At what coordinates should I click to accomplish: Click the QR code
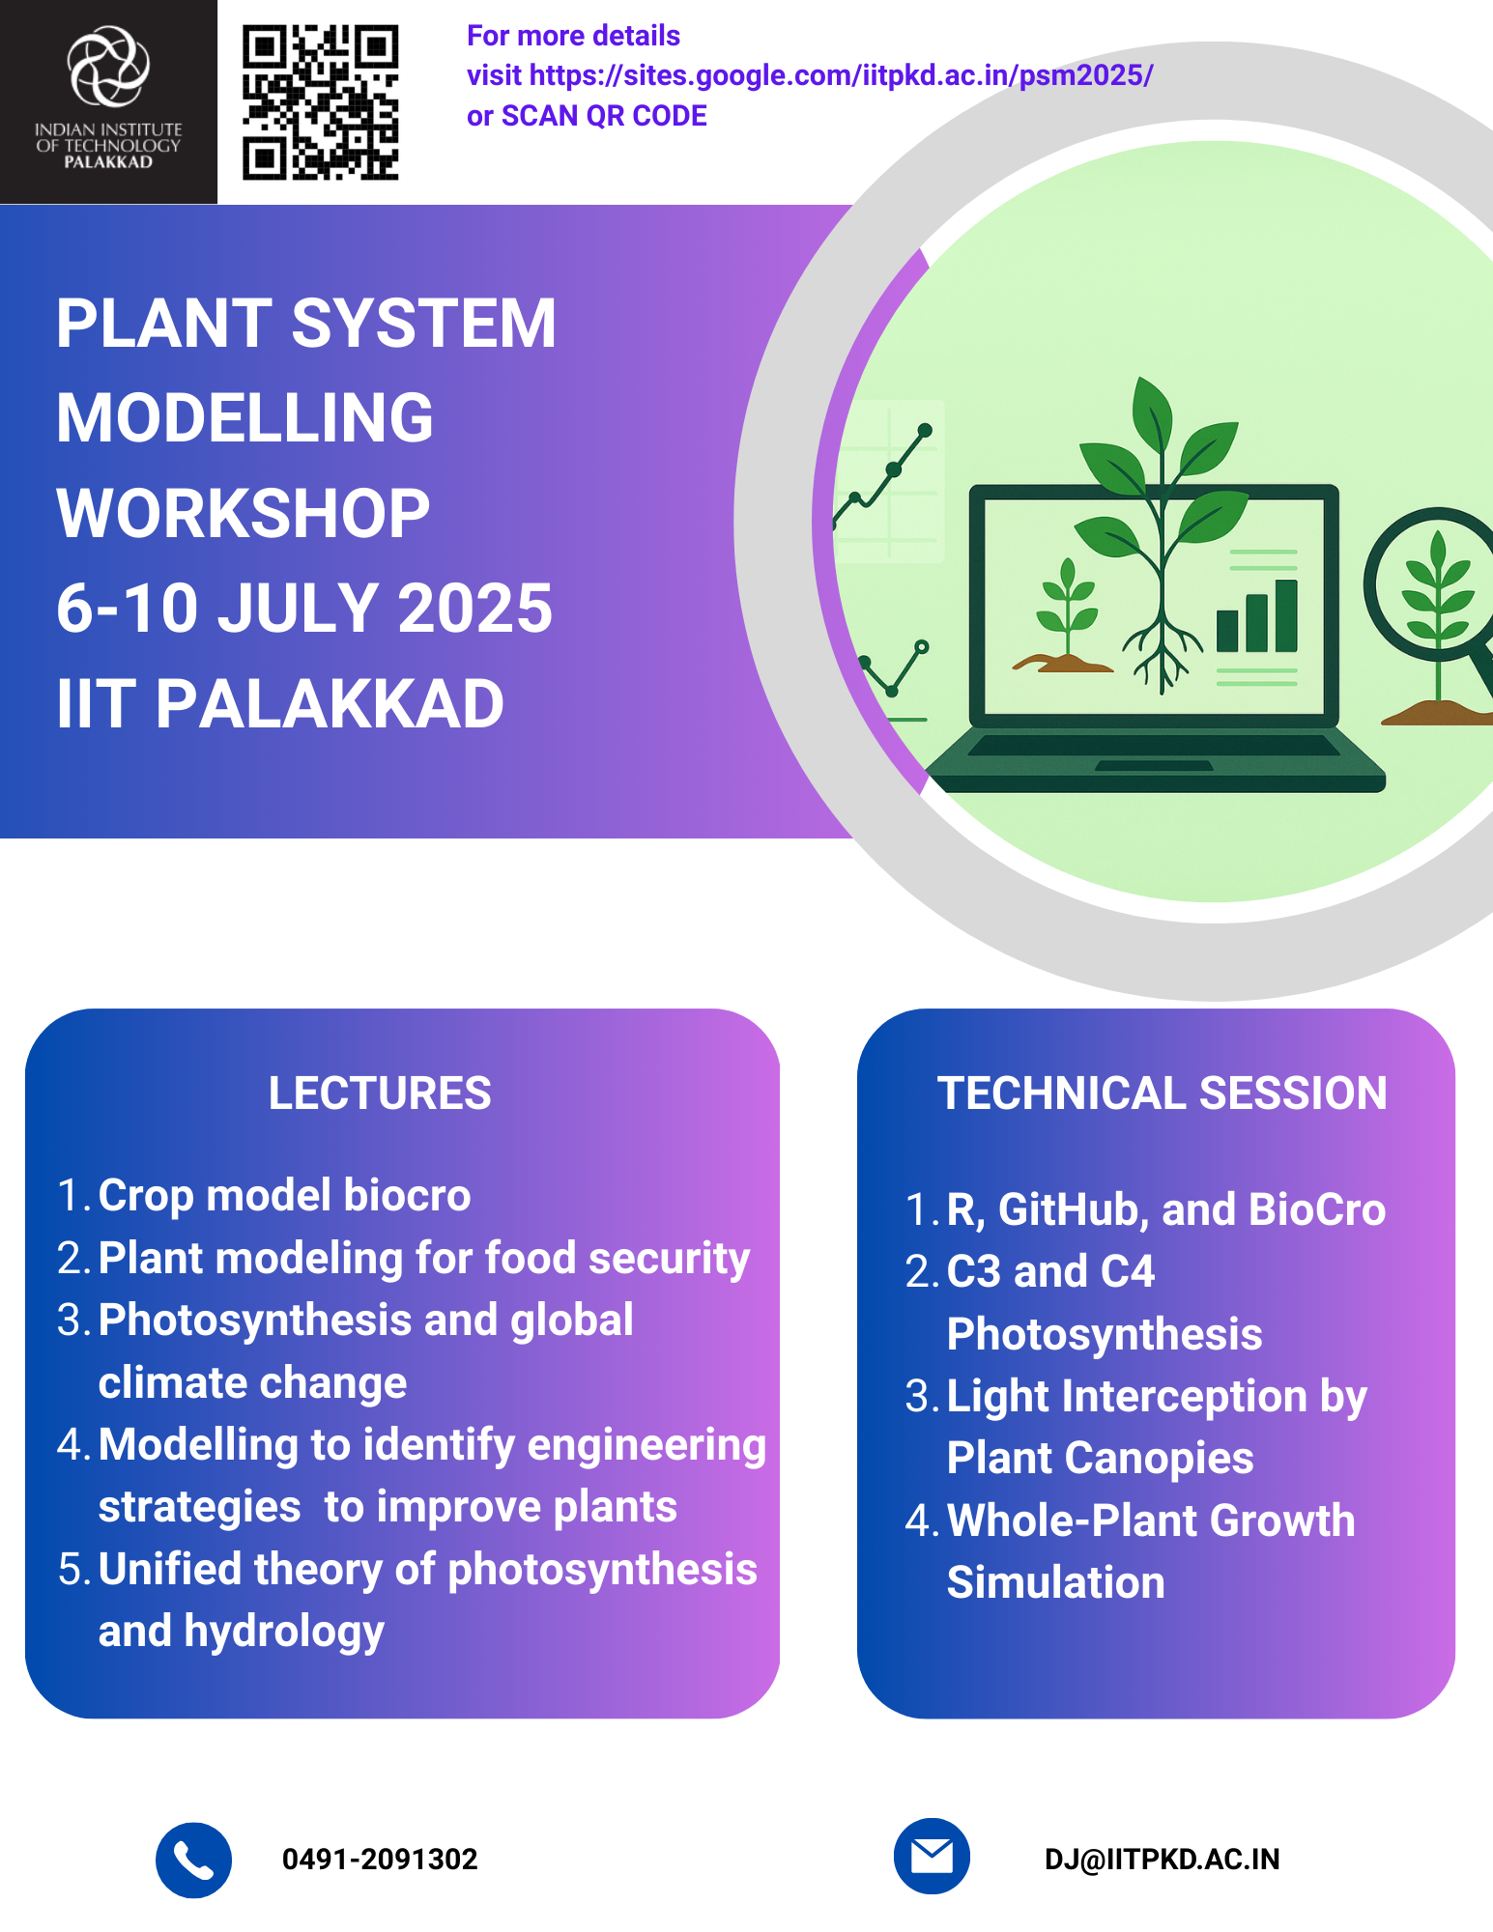[320, 102]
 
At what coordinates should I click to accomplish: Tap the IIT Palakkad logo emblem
[108, 66]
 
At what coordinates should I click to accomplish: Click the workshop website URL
[841, 75]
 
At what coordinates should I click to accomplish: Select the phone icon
[193, 1860]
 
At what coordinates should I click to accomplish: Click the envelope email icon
[932, 1856]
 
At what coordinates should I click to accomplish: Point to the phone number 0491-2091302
[380, 1860]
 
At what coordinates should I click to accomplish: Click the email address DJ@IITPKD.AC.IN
[1162, 1860]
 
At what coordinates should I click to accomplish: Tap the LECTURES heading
[380, 1094]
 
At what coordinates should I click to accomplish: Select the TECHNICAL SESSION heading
[1162, 1094]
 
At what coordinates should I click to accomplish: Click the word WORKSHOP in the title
[244, 513]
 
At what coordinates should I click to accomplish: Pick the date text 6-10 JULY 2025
[304, 608]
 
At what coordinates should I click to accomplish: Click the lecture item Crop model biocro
[284, 1196]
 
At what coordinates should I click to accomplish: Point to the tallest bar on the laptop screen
[1286, 615]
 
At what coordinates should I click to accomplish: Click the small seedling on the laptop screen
[1066, 609]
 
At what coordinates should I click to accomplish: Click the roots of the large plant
[1162, 652]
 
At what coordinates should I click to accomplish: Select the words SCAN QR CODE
[604, 116]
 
